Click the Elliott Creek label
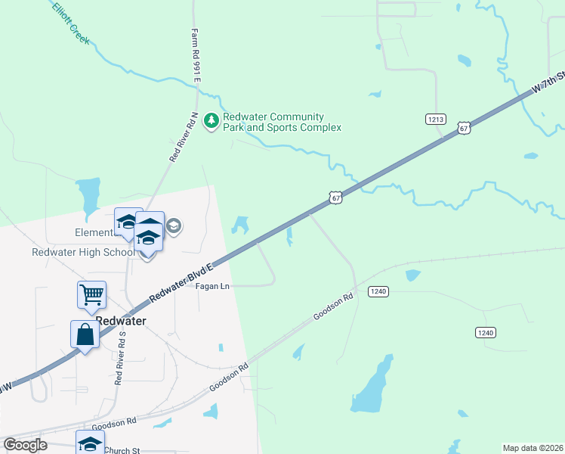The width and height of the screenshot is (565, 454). [72, 23]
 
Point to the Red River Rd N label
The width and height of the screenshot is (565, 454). [184, 137]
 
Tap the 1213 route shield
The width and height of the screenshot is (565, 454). [436, 119]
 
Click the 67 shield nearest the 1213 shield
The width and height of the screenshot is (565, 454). [465, 129]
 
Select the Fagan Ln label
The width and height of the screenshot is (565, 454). [213, 287]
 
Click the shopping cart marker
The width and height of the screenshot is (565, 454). [91, 294]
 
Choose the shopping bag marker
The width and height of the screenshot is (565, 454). [85, 334]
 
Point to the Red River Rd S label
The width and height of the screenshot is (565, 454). [119, 358]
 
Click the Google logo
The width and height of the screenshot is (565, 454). [25, 445]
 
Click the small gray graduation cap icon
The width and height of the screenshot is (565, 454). [174, 226]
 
